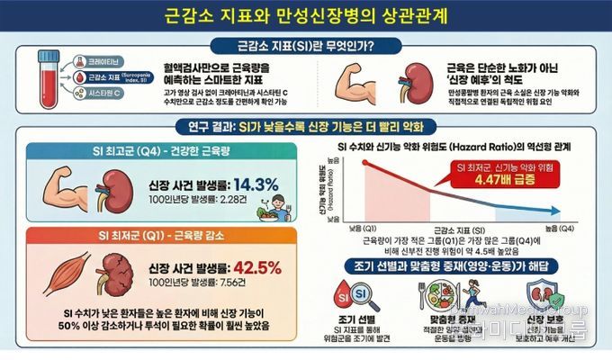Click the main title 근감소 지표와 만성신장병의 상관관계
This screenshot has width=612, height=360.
point(306,16)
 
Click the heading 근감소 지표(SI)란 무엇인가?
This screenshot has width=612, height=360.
point(306,45)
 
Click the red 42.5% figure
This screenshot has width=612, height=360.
point(258,267)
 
